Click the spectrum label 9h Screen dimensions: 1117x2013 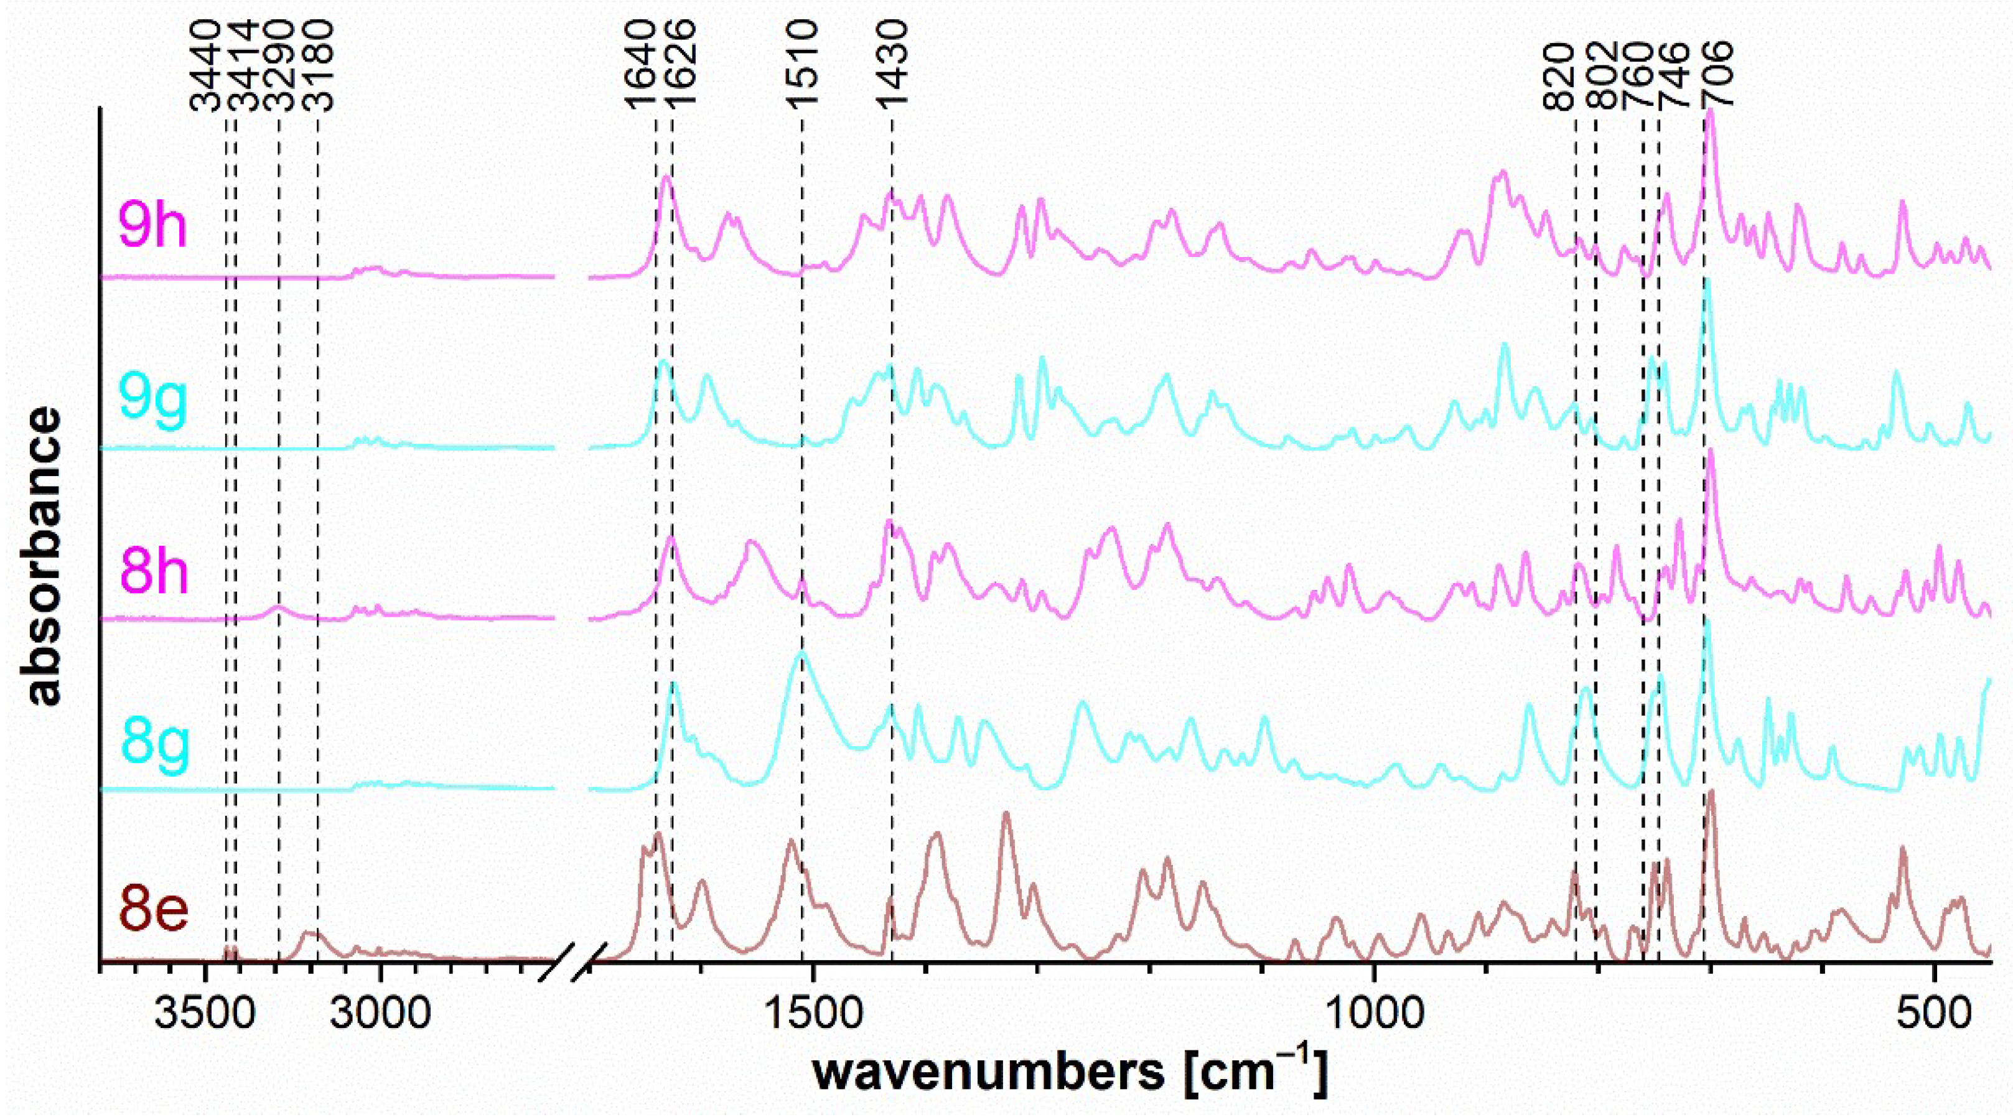pos(152,225)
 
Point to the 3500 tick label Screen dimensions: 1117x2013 pos(205,1014)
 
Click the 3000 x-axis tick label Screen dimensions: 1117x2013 pos(380,1014)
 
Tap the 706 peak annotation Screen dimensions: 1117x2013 pos(1711,74)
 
